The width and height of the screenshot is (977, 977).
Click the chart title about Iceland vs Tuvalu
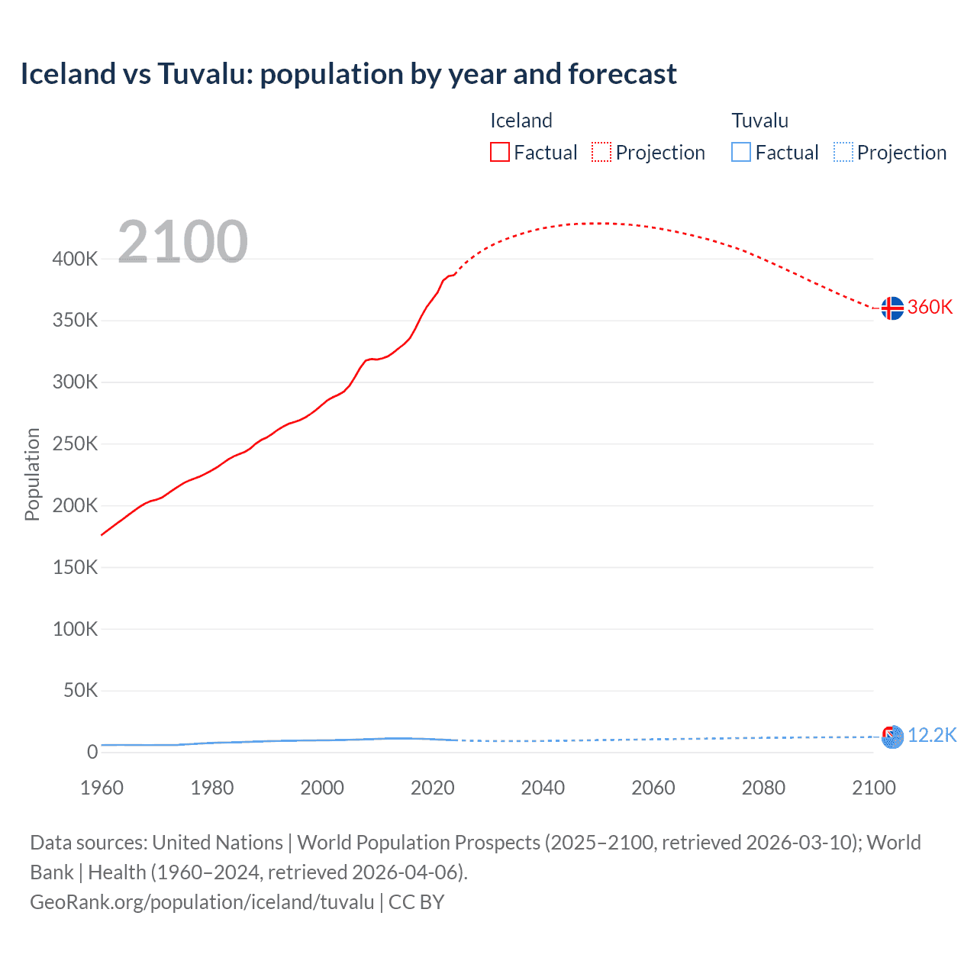tap(348, 74)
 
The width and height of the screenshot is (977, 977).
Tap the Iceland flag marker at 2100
tap(892, 308)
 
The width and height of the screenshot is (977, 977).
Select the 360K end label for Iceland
tap(930, 307)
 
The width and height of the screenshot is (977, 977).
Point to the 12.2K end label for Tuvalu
tap(932, 735)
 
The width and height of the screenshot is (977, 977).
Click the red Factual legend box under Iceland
tap(500, 152)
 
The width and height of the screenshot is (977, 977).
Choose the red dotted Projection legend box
tap(601, 152)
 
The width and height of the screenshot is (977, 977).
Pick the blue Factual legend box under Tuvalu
tap(741, 152)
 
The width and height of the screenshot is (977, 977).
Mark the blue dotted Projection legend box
tap(843, 152)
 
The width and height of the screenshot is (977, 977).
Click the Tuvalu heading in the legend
tap(759, 121)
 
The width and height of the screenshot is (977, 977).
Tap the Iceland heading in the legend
tap(521, 121)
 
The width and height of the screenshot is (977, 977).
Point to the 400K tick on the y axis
tap(75, 259)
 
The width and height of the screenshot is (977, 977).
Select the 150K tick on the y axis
tap(75, 567)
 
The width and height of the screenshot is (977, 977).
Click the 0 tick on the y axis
tap(92, 752)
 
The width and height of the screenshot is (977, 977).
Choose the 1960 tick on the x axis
tap(102, 788)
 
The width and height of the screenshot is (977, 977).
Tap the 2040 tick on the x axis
tap(543, 788)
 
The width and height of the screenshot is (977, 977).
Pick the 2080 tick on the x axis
tap(763, 788)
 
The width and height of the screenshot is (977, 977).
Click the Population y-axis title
tap(32, 474)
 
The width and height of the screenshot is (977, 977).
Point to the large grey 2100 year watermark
tap(182, 242)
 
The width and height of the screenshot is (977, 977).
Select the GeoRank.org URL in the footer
tap(202, 902)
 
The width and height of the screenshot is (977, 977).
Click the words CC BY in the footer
tap(417, 902)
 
